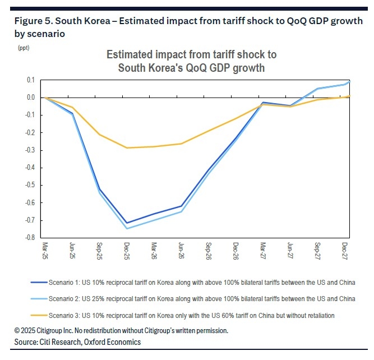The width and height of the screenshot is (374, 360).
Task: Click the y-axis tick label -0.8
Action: (30, 238)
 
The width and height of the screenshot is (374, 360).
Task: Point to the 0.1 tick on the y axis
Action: (31, 80)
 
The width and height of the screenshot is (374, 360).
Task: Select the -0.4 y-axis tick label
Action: (30, 168)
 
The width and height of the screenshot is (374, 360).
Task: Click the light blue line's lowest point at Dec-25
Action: (127, 228)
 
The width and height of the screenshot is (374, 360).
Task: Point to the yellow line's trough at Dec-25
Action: (127, 148)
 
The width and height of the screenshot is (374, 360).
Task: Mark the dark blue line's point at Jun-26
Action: (181, 206)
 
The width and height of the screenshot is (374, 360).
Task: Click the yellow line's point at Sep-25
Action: (100, 135)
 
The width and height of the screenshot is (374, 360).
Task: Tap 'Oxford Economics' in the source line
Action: (113, 341)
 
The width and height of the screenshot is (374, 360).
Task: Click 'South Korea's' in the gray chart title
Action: (147, 68)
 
